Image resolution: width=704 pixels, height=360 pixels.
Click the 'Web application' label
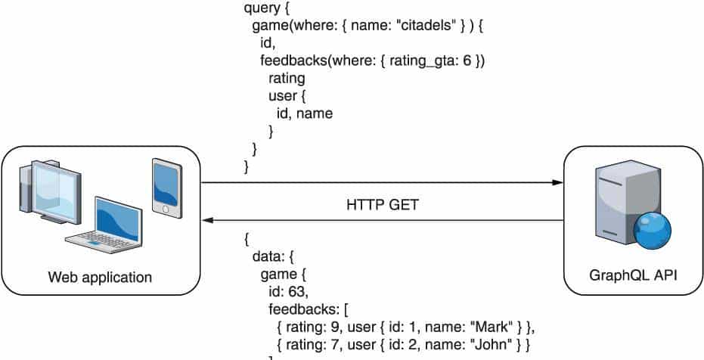tap(100, 278)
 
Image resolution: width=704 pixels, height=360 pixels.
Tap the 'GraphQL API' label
tap(632, 278)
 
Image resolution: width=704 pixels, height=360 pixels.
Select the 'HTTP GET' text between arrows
tap(381, 205)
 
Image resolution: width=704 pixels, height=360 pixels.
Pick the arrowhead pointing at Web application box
tap(207, 221)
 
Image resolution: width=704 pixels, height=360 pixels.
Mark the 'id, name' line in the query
tap(305, 113)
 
